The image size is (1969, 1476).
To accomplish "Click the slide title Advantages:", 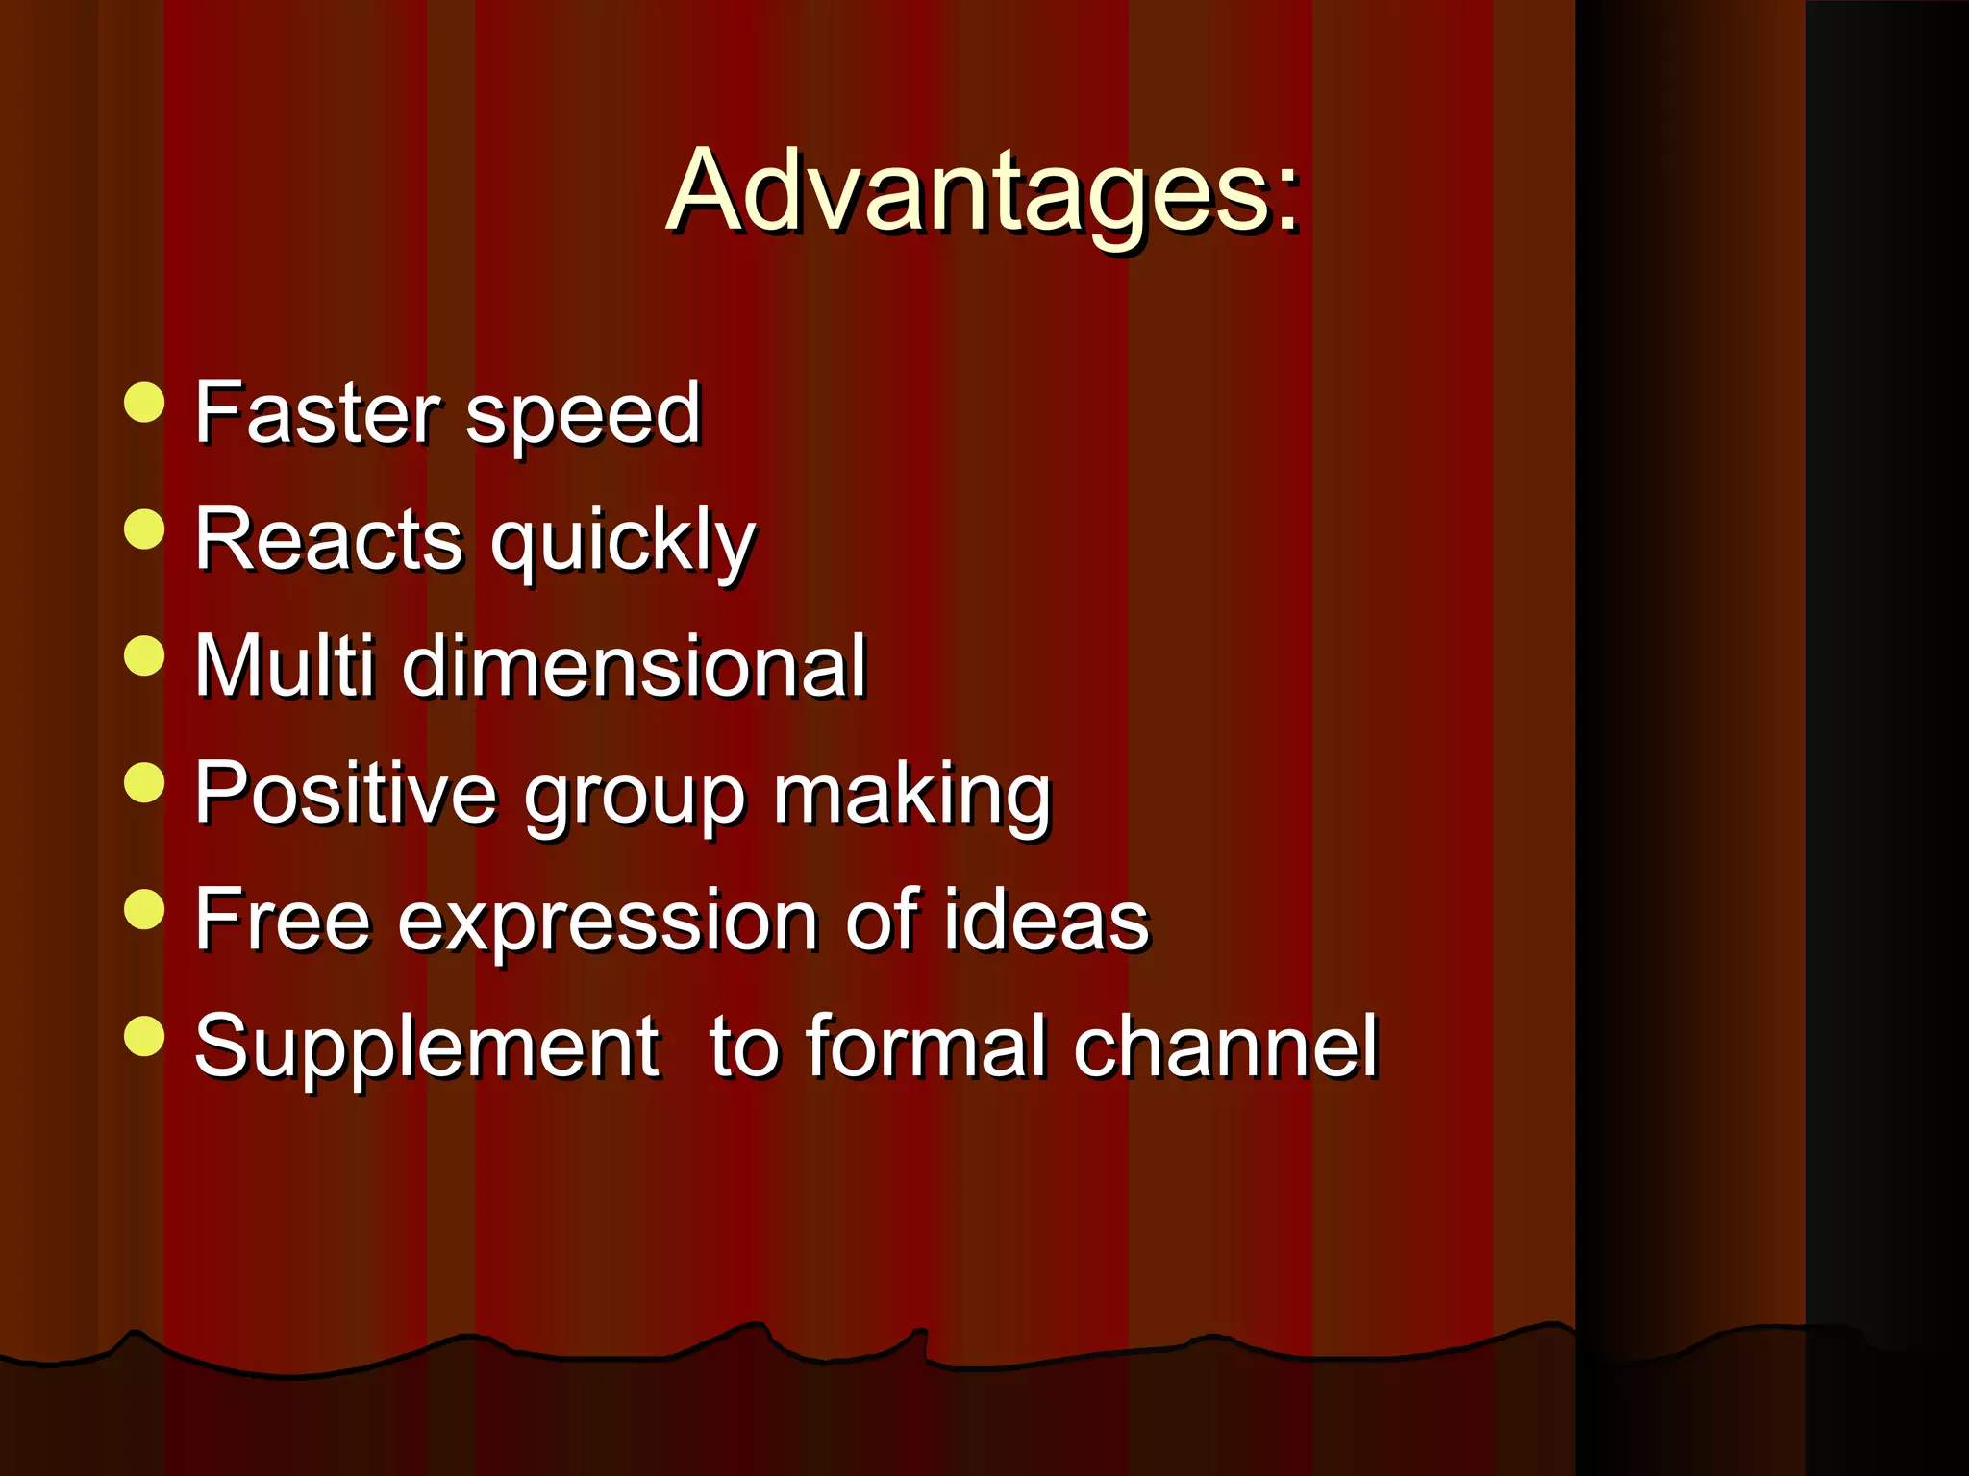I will pos(983,192).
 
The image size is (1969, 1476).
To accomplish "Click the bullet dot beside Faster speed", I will pos(145,403).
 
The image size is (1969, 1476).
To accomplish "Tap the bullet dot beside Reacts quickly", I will pos(145,529).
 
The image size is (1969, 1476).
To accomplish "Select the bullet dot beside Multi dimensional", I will pos(145,656).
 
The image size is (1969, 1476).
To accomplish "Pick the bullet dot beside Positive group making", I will pos(145,782).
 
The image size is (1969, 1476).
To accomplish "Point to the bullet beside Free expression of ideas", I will pos(145,909).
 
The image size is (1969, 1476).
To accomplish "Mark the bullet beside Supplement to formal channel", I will pos(145,1036).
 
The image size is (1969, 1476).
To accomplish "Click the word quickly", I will pos(623,543).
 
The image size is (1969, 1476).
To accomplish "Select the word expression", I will pos(609,922).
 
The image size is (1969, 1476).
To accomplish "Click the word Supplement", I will pos(427,1047).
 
